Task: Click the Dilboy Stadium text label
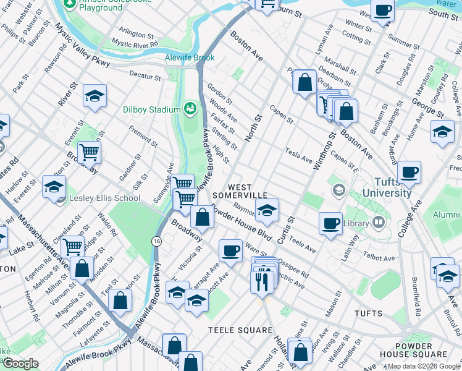pyautogui.click(x=152, y=109)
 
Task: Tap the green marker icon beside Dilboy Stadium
pyautogui.click(x=190, y=109)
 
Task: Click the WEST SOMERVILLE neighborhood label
pyautogui.click(x=240, y=190)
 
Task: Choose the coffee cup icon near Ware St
pyautogui.click(x=231, y=250)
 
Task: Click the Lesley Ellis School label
pyautogui.click(x=105, y=198)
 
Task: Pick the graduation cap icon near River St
pyautogui.click(x=94, y=96)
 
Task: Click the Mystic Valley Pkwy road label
pyautogui.click(x=83, y=46)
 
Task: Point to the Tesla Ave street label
pyautogui.click(x=298, y=155)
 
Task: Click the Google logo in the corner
pyautogui.click(x=20, y=364)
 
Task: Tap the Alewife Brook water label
pyautogui.click(x=190, y=58)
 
